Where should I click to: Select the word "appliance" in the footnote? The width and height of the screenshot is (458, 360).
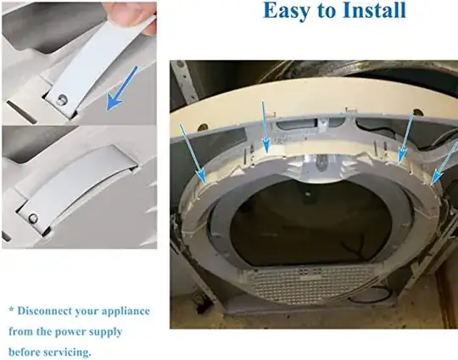click(x=124, y=311)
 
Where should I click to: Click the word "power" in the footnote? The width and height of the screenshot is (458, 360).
click(x=81, y=331)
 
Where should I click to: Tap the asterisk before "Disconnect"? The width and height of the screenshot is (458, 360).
click(x=12, y=311)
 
